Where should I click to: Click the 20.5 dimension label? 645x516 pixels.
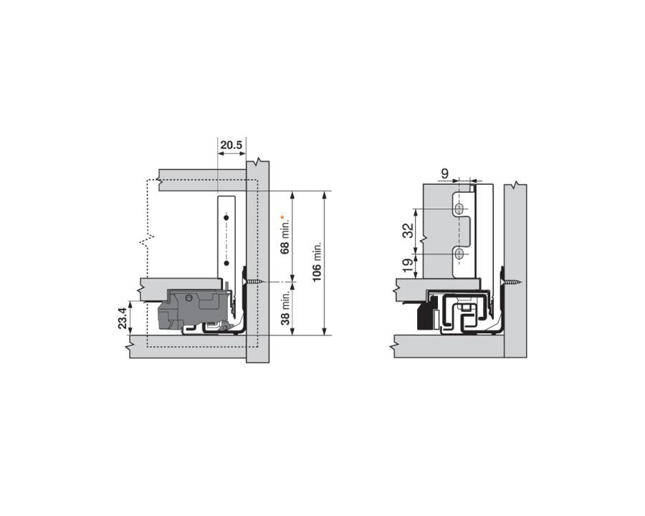(231, 145)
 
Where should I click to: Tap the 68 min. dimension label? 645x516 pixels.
(285, 239)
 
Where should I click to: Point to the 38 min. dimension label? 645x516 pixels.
(285, 309)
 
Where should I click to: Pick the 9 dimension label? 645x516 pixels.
(444, 173)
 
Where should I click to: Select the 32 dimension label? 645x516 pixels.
(407, 231)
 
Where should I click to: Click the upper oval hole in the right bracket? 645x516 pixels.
(459, 208)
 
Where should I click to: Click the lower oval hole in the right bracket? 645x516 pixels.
(459, 254)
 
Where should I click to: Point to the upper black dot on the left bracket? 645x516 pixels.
(226, 216)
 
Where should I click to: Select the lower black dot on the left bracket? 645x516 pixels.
(226, 264)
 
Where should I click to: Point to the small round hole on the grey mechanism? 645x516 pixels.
(188, 297)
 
